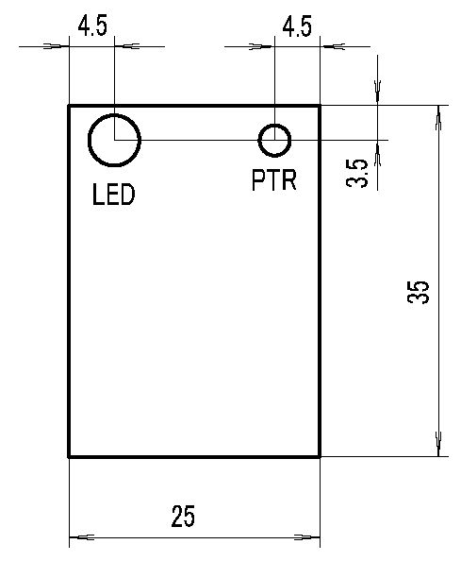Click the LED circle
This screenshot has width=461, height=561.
(89, 140)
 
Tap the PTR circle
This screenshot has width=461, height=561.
(259, 140)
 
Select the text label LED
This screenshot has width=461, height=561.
(113, 195)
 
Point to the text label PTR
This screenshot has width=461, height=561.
(274, 180)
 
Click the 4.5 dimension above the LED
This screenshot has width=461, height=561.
(92, 26)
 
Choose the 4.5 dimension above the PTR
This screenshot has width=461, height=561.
(297, 26)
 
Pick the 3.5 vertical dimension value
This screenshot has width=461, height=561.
(357, 173)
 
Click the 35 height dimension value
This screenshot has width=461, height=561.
(418, 292)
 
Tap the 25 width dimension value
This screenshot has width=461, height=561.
(183, 517)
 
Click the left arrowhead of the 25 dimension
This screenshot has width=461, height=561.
(81, 537)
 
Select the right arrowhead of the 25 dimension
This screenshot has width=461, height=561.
(307, 537)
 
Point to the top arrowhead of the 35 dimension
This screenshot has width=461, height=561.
(439, 118)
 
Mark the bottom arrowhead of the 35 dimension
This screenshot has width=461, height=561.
(439, 444)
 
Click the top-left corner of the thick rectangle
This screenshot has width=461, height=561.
(69, 106)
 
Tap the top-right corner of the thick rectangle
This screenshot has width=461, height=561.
(320, 106)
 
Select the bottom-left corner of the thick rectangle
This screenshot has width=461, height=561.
(69, 457)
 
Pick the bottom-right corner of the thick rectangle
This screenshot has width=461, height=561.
(320, 457)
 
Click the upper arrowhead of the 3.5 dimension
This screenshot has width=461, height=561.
(377, 93)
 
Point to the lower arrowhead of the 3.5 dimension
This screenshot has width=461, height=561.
(377, 153)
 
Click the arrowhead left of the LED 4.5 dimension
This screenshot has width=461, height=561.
(56, 46)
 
